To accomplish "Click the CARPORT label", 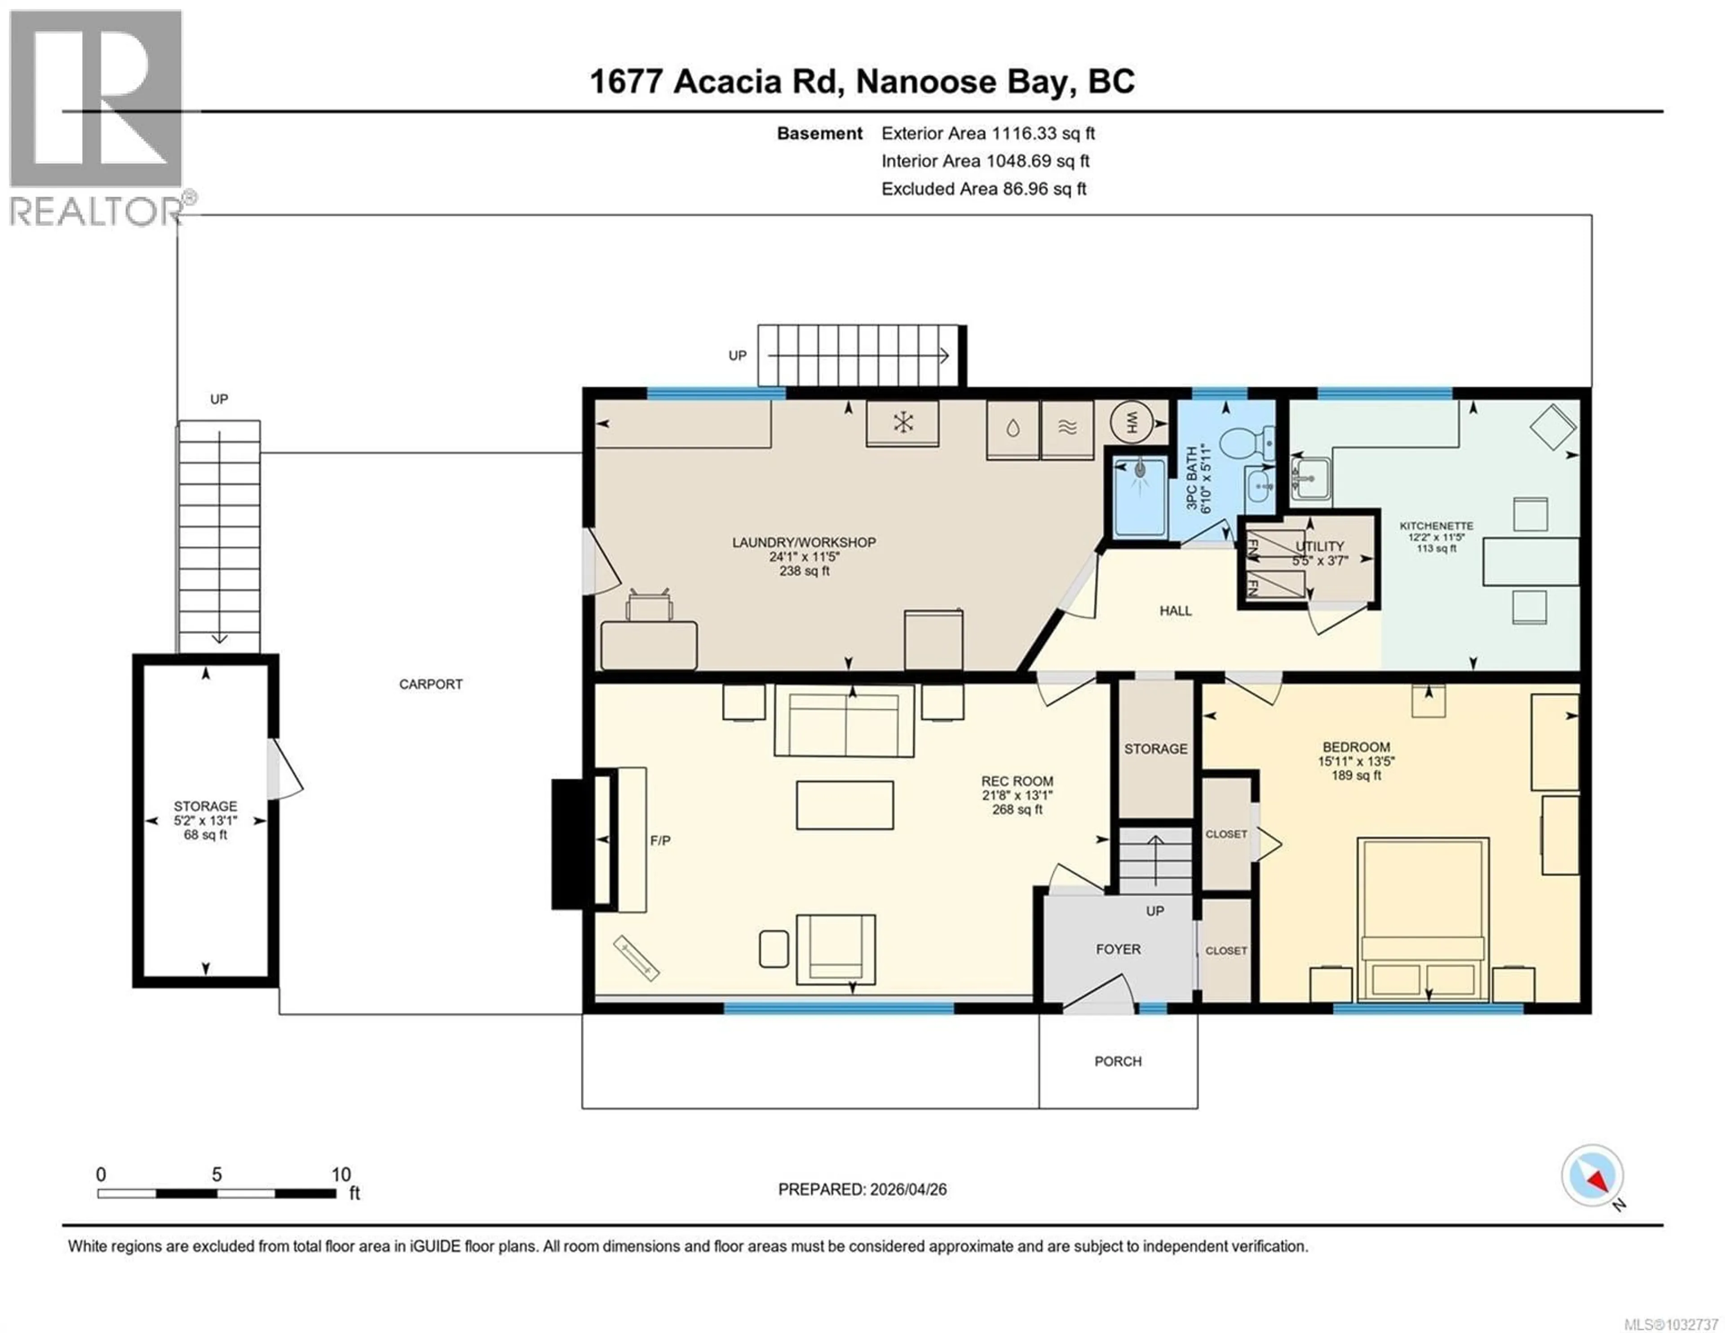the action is coord(430,684).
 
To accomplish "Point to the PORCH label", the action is coord(1118,1061).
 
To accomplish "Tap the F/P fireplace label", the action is coord(660,841).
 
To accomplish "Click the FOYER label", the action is coord(1118,949).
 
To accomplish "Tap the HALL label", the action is coord(1175,611).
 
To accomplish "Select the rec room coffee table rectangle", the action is coord(845,805).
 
